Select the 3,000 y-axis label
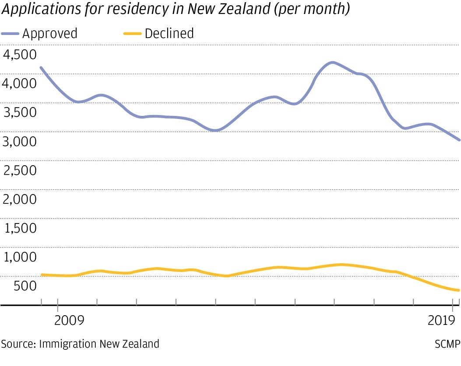click(20, 141)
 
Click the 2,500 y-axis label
click(20, 170)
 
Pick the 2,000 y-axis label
click(20, 199)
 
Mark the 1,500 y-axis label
click(20, 228)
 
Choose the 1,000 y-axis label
click(20, 257)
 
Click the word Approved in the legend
click(49, 34)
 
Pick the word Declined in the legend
click(169, 34)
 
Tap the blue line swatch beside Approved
click(10, 34)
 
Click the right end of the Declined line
click(458, 290)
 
